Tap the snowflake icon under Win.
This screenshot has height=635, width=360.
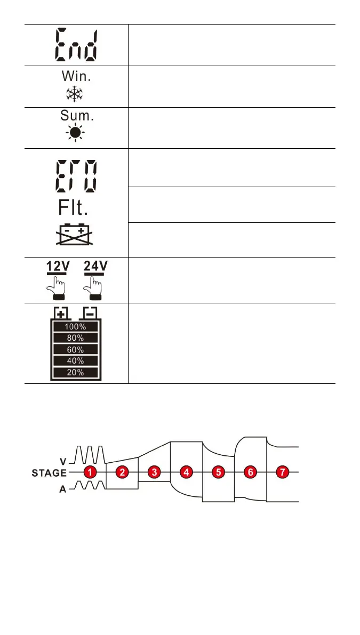point(75,94)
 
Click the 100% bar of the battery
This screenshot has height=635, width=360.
point(75,326)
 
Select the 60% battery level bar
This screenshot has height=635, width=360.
point(75,349)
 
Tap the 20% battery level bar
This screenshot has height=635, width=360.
point(75,372)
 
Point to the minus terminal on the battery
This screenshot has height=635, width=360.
point(90,312)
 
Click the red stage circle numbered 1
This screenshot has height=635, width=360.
point(91,472)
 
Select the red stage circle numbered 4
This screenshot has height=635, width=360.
point(186,472)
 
